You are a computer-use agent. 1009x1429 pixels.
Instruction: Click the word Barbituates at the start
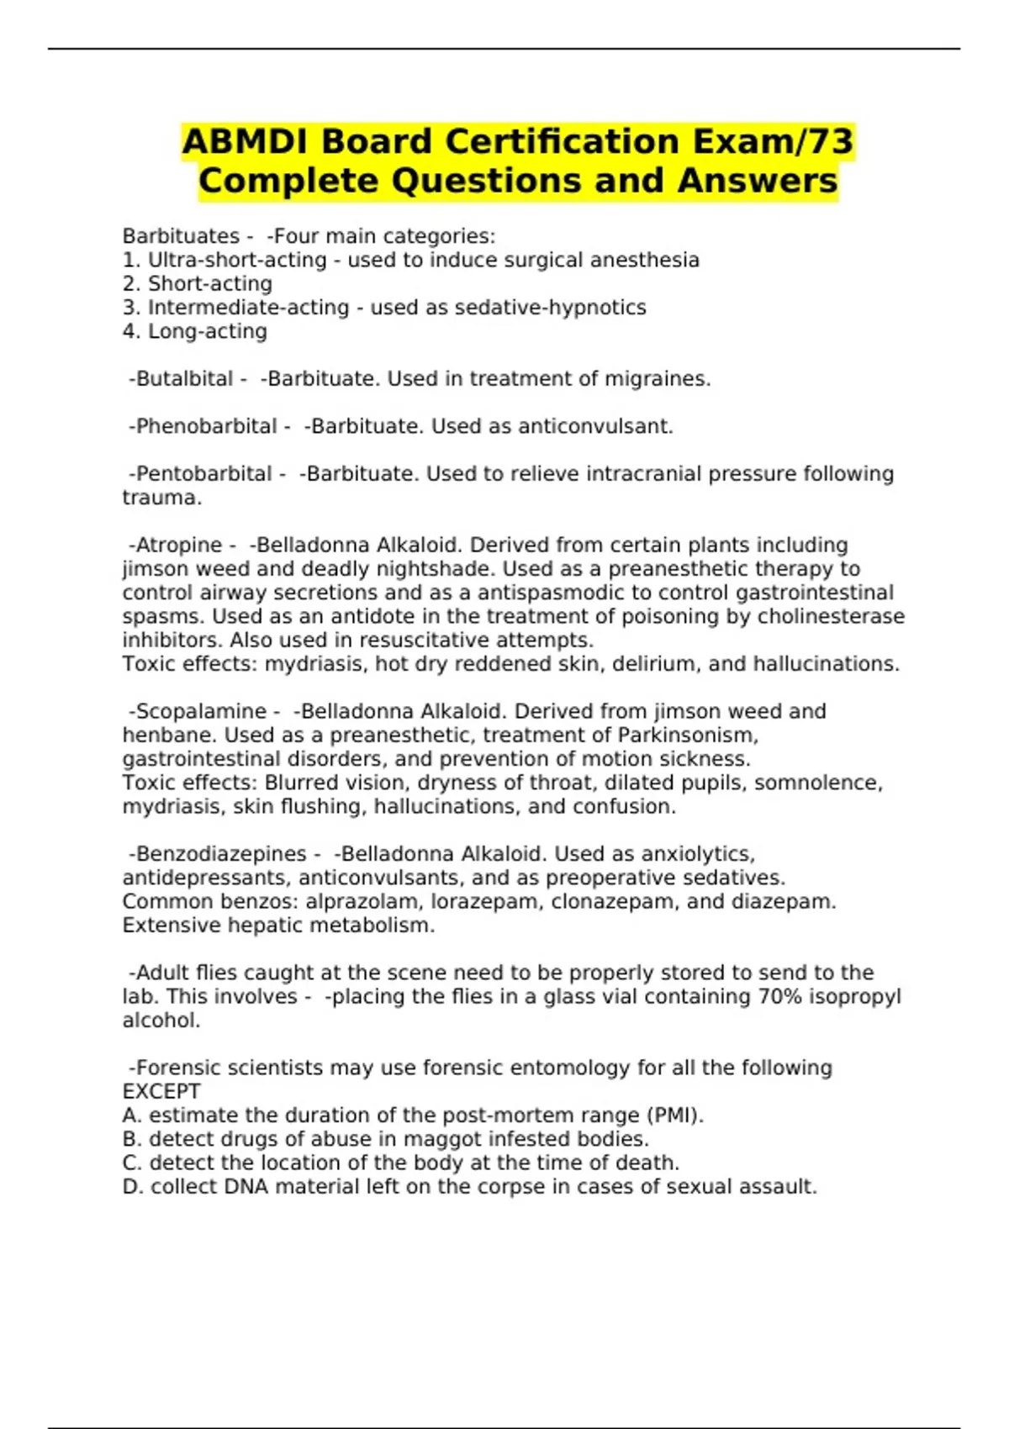click(x=181, y=236)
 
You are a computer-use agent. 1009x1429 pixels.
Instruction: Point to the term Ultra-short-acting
click(x=237, y=260)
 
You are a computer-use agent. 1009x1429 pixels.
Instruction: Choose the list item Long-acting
click(x=208, y=331)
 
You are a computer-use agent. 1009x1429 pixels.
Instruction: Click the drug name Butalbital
click(x=184, y=379)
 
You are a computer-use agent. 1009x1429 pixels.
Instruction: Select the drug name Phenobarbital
click(x=206, y=426)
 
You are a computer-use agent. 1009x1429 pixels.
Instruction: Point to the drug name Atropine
click(x=178, y=545)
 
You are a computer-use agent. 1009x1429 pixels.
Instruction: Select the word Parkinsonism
click(x=688, y=735)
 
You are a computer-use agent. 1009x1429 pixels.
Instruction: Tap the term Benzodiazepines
click(x=221, y=854)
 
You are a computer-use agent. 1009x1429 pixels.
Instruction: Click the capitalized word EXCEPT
click(x=161, y=1091)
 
